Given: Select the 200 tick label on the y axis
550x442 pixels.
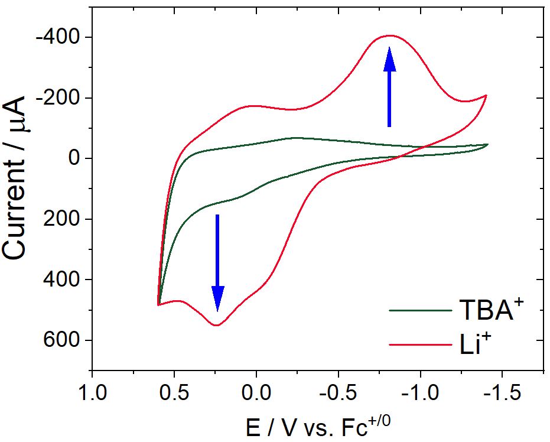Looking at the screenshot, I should tap(66, 220).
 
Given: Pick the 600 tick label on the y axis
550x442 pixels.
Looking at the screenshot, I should tap(66, 341).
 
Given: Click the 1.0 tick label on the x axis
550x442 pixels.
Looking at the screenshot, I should tap(92, 392).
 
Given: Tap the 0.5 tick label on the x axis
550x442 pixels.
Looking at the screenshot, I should tap(174, 392).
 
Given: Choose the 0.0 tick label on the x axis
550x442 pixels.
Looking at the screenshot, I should tap(256, 392).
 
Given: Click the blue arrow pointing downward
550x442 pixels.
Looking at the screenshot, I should tap(218, 263).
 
